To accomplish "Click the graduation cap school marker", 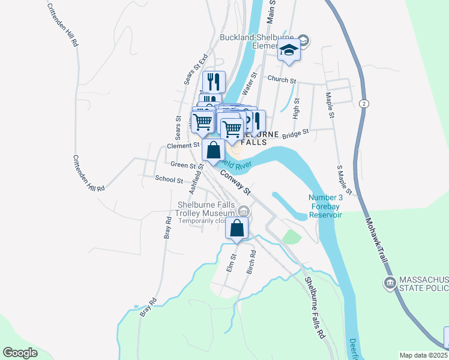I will point(289,51).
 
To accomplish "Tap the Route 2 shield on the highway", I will point(364,104).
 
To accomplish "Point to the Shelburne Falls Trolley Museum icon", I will point(244,211).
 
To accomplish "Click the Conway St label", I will point(235,182).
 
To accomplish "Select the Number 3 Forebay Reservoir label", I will point(325,206).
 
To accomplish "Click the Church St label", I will point(282,79).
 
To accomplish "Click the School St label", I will point(169,179).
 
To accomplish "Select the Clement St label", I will point(183,145).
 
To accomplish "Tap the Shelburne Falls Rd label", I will point(314,308).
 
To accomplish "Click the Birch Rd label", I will point(252,262).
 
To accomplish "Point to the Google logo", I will point(20,353).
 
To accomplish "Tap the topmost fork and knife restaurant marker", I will point(213,82).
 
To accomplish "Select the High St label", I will point(296,109).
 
